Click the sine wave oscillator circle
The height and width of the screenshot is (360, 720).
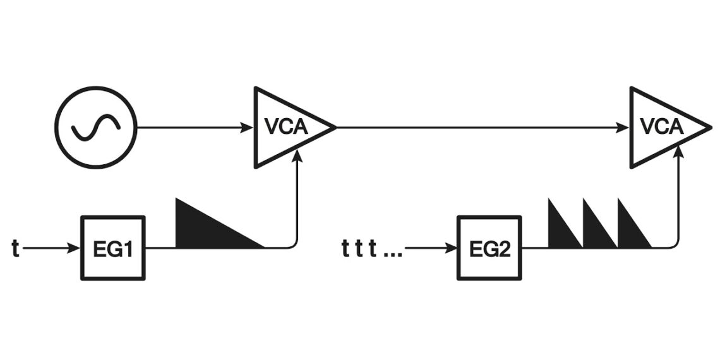pos(95,128)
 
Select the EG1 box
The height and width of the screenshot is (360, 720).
pos(113,248)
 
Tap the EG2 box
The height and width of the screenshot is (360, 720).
pos(490,248)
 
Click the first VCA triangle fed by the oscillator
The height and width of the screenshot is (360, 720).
pos(287,128)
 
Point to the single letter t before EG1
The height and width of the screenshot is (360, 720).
pos(15,248)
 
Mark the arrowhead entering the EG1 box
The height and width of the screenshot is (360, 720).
pos(75,248)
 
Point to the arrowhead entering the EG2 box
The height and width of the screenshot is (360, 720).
pos(452,248)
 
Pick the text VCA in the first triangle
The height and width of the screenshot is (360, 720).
pos(285,127)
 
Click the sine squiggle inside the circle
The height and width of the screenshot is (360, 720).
pos(95,128)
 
